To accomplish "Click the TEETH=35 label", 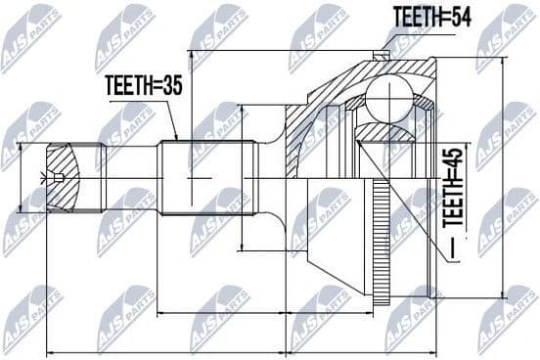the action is (x=143, y=84).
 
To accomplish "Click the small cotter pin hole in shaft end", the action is (x=59, y=177).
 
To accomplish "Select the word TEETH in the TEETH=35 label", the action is (x=127, y=84).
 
